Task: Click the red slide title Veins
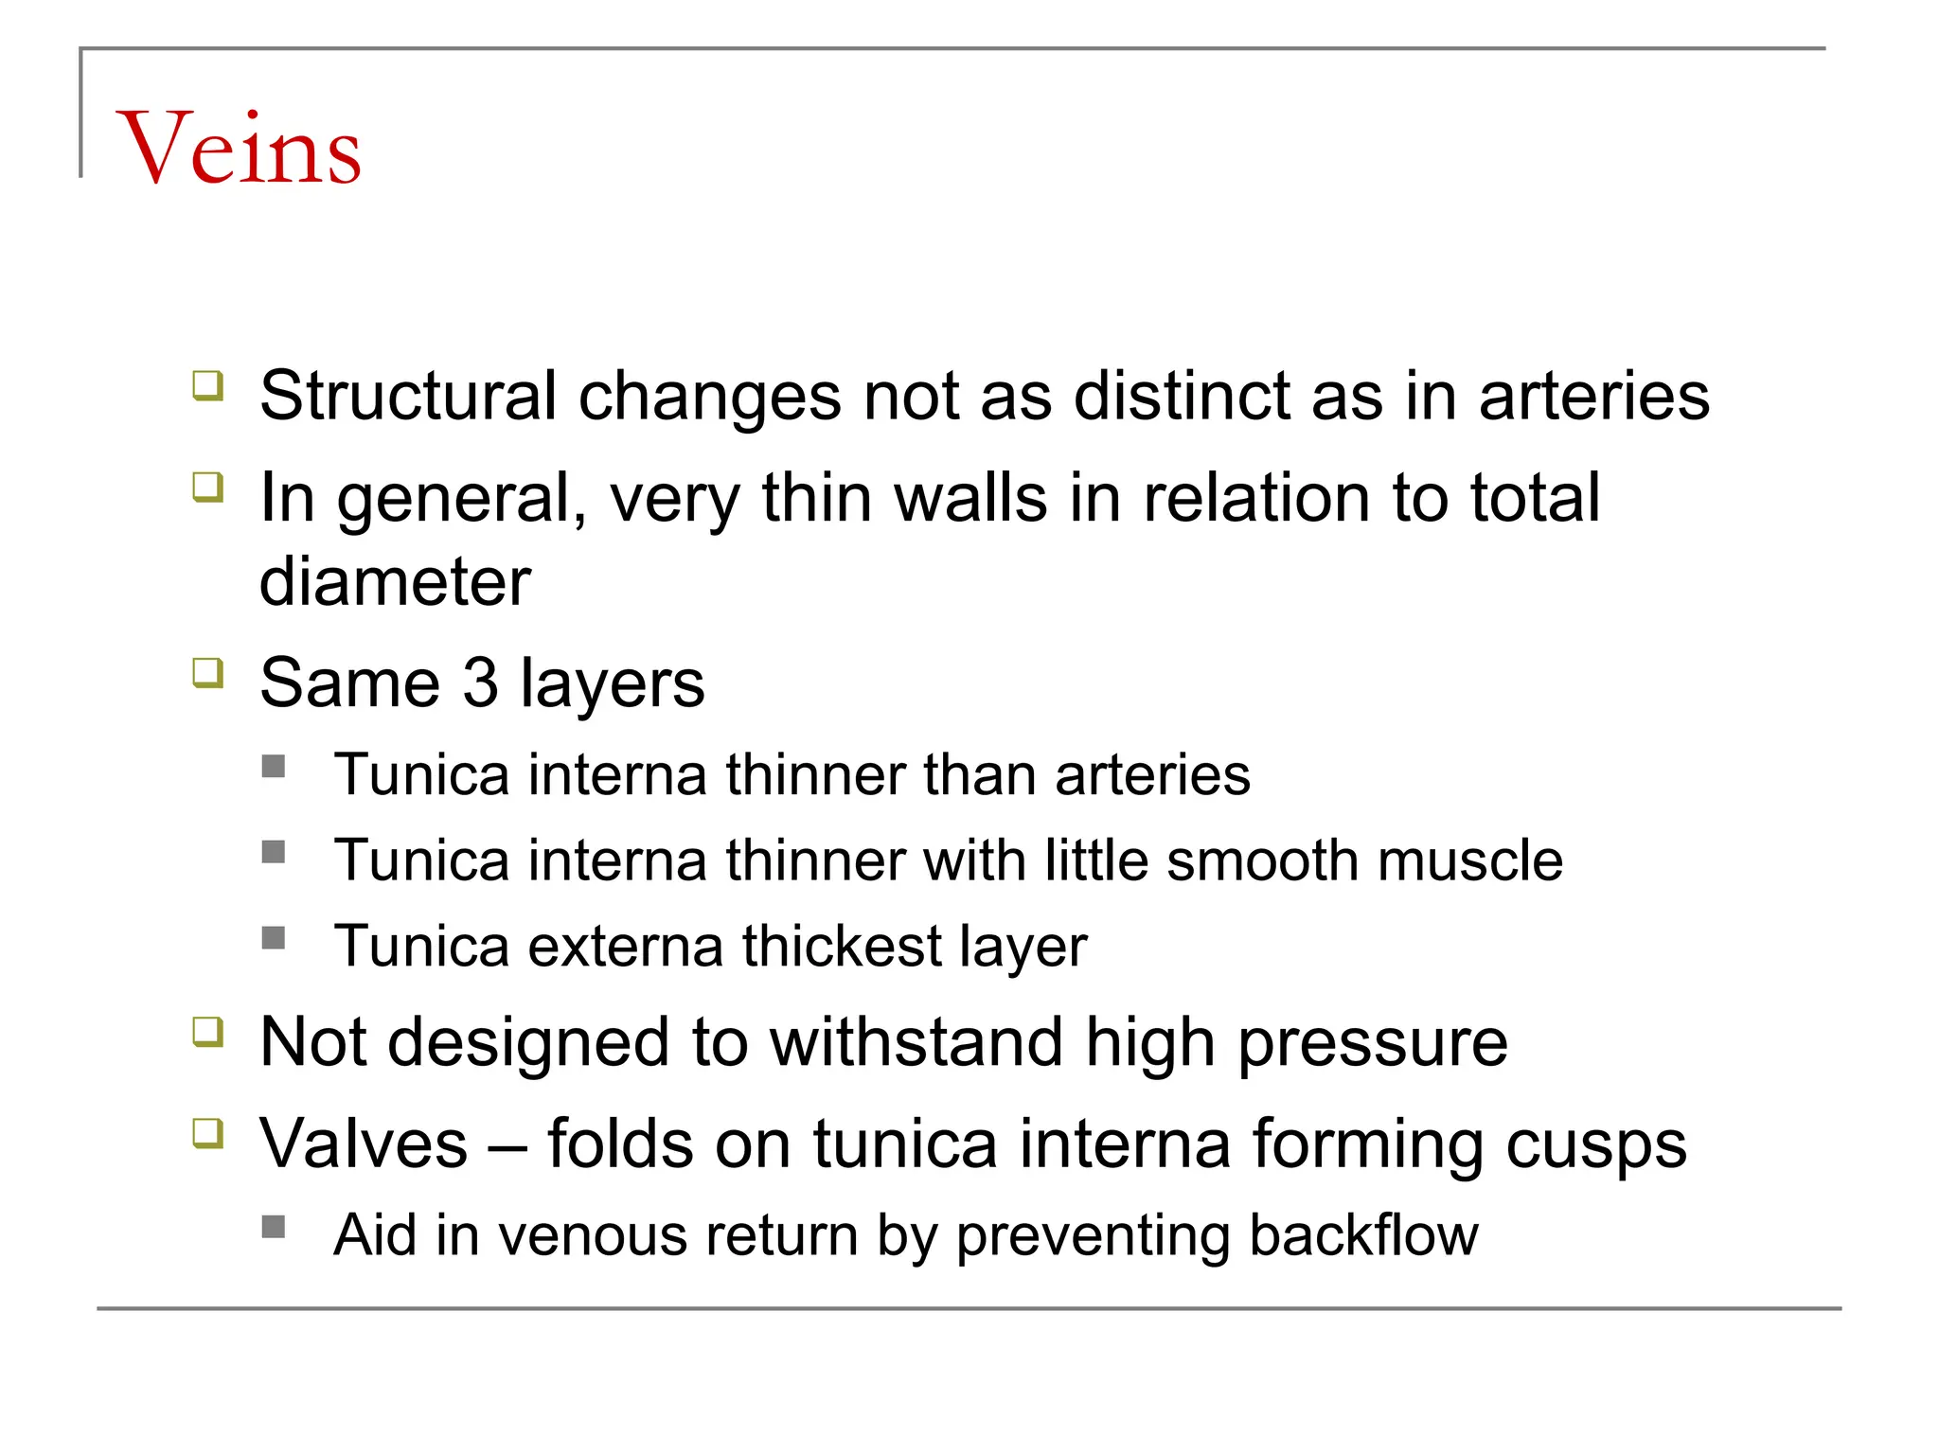click(239, 149)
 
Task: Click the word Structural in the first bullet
click(408, 396)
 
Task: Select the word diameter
click(395, 581)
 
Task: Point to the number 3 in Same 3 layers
click(480, 683)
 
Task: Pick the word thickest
click(842, 946)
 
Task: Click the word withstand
click(916, 1043)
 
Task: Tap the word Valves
click(364, 1144)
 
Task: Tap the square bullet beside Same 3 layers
click(207, 673)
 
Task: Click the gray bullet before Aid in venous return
click(274, 1227)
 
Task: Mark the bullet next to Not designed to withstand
click(207, 1031)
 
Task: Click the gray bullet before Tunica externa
click(274, 937)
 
